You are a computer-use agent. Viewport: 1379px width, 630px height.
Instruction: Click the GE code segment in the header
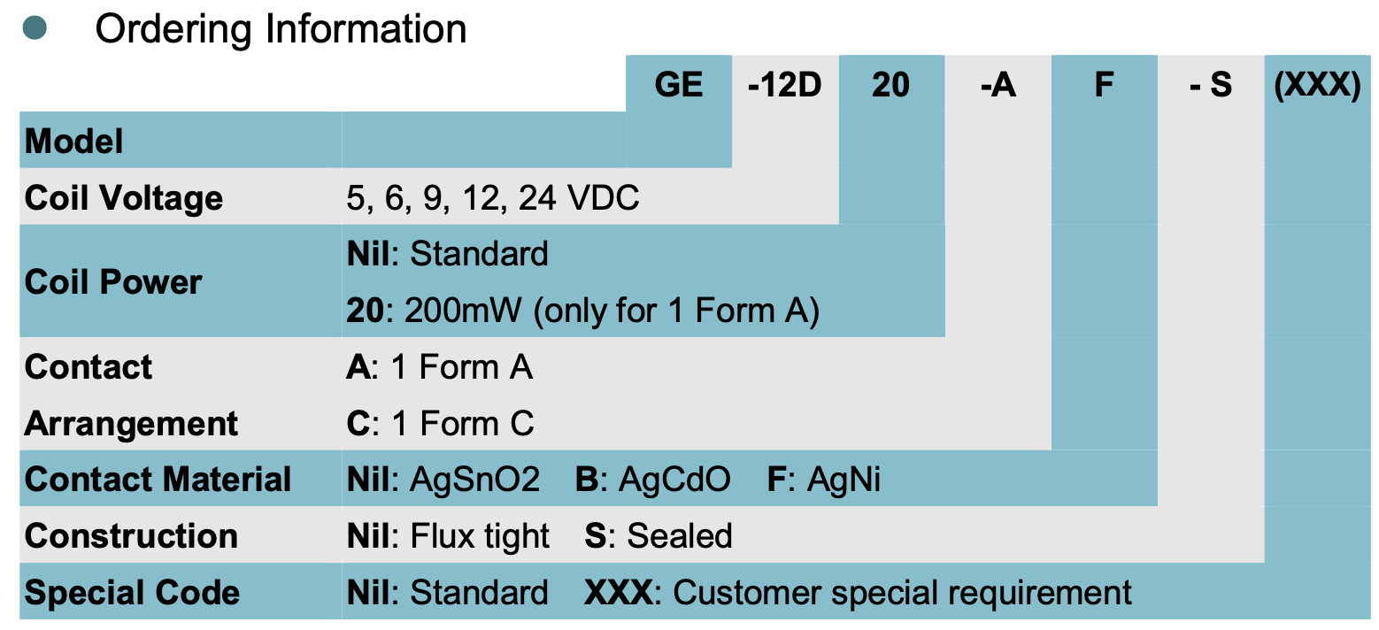[x=679, y=85]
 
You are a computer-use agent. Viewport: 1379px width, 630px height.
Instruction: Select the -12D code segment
[x=785, y=85]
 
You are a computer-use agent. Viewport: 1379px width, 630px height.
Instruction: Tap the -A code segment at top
[x=998, y=85]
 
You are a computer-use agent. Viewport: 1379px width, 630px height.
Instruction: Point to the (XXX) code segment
[x=1317, y=85]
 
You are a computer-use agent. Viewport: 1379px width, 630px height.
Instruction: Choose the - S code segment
[x=1210, y=85]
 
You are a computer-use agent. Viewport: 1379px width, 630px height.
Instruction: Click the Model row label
[x=74, y=142]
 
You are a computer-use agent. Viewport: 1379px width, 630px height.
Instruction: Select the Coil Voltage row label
[x=124, y=197]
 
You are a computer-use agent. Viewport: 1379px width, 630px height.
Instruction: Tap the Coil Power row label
[x=113, y=281]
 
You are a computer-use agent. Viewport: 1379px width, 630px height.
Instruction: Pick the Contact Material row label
[x=158, y=480]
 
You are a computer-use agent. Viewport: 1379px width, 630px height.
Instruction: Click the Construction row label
[x=131, y=536]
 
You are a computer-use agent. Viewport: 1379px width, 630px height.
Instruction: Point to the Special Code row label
[x=132, y=593]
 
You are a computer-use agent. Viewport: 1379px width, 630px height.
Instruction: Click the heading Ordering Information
[x=281, y=29]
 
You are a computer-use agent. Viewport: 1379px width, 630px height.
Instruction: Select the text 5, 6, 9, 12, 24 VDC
[x=492, y=197]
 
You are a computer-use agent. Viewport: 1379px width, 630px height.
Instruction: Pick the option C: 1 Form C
[x=440, y=424]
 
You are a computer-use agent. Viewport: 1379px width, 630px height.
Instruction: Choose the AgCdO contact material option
[x=674, y=480]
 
